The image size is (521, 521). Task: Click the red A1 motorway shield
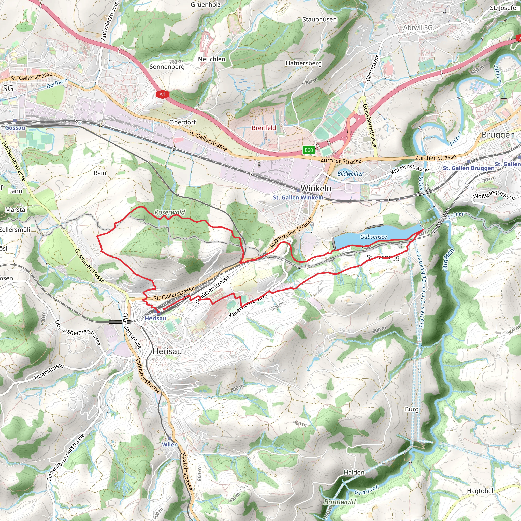(162, 94)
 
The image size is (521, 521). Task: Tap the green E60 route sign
(309, 150)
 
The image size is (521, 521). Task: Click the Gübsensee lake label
(373, 237)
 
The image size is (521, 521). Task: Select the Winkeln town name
(316, 188)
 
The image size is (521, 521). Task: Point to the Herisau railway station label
(155, 318)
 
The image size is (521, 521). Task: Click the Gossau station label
(15, 127)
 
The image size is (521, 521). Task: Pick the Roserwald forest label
(170, 212)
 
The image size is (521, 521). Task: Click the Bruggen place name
(498, 135)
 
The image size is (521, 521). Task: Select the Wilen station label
(170, 444)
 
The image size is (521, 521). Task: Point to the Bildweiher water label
(350, 174)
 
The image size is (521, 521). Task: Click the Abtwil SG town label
(418, 28)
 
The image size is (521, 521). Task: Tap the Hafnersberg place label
(303, 63)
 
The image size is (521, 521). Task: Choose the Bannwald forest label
(340, 502)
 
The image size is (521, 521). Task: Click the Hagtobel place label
(480, 491)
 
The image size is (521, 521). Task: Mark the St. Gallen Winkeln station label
(298, 197)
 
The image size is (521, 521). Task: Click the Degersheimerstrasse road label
(78, 332)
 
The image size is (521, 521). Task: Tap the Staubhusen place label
(319, 19)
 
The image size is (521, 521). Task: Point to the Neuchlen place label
(211, 59)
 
